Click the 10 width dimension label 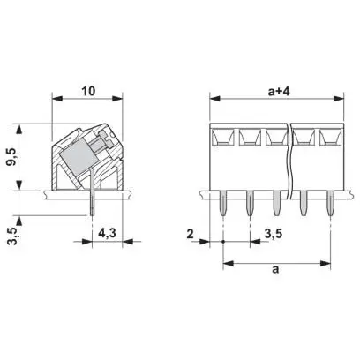(x=88, y=91)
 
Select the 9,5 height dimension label (x=13, y=156)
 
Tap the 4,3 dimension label (x=107, y=233)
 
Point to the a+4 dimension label (x=279, y=91)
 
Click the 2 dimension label (x=191, y=234)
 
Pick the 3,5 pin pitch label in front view (x=274, y=234)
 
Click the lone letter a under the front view (x=275, y=269)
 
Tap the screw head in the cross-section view (x=106, y=139)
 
